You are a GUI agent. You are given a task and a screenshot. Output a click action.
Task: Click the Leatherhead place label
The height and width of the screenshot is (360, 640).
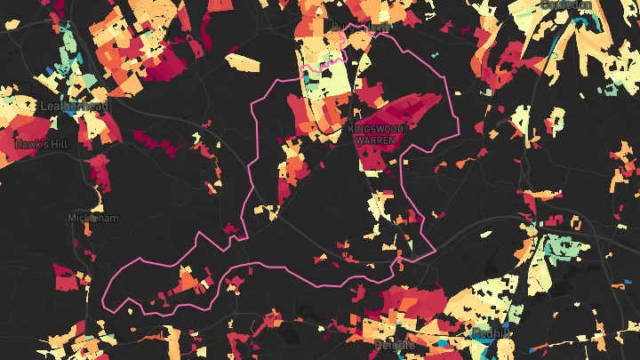coord(74,106)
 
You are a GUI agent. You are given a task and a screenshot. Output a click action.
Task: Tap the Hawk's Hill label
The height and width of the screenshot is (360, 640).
coord(41,142)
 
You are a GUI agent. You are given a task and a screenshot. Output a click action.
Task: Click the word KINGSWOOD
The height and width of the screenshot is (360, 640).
coord(375,130)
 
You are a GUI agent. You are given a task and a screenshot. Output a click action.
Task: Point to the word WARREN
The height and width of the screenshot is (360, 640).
coord(375,140)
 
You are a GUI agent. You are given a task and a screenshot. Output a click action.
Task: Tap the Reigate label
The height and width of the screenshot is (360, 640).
coord(395,344)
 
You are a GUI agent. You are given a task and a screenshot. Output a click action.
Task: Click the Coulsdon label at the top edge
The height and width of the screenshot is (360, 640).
coord(565,4)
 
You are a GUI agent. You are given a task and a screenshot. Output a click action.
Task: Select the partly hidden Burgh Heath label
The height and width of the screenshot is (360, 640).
coord(360,28)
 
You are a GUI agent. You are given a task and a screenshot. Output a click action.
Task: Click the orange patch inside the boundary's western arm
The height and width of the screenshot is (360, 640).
coord(188,282)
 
